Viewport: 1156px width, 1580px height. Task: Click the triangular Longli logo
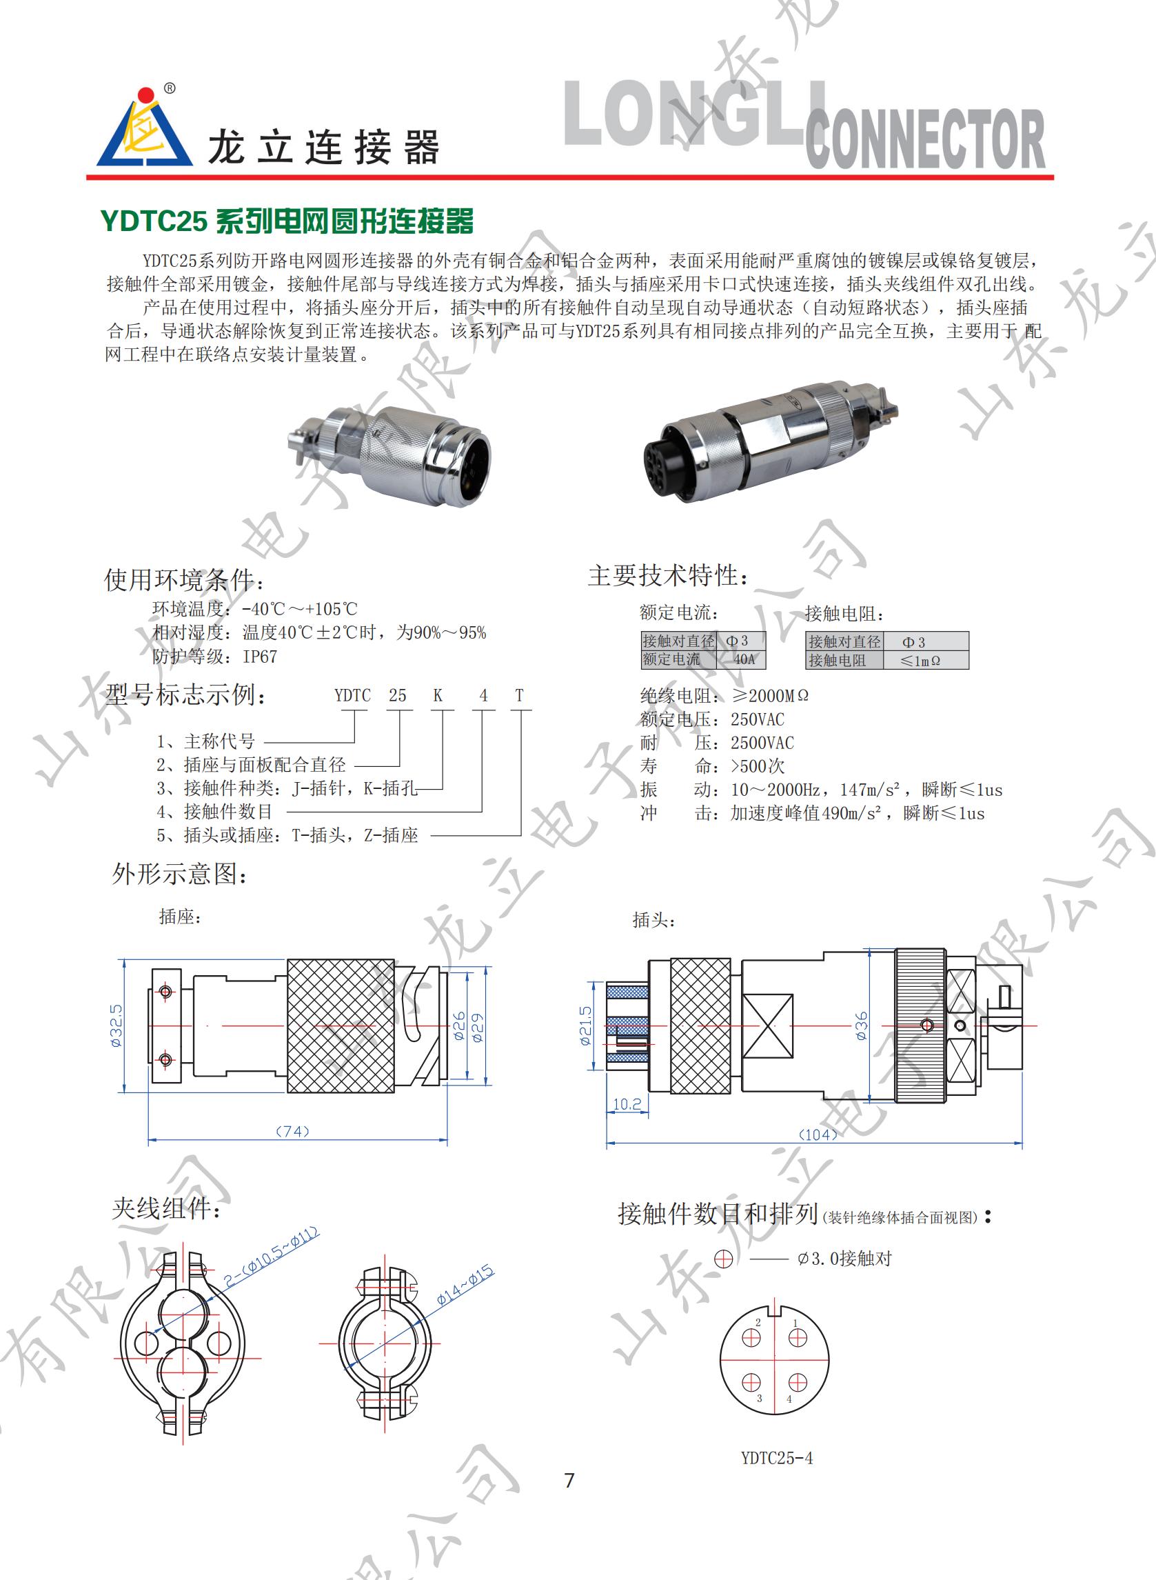pos(145,130)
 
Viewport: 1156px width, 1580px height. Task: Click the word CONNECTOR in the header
pos(925,139)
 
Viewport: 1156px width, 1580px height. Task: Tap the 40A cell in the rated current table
pos(743,659)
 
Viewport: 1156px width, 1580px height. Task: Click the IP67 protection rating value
pos(260,657)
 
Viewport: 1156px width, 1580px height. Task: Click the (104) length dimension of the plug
pos(818,1134)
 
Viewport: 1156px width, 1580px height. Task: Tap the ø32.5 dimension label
pos(116,1025)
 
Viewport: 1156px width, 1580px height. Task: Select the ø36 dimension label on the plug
pos(862,1026)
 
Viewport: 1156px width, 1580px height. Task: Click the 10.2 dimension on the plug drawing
pos(627,1105)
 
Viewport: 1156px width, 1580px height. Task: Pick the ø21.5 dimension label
pos(586,1026)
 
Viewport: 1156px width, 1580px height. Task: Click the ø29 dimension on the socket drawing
pos(478,1027)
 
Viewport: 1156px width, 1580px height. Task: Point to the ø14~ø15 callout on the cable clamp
pos(465,1285)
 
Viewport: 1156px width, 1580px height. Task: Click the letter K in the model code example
pos(437,695)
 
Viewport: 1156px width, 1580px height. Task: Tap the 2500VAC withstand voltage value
pos(762,743)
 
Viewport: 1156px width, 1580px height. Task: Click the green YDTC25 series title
pos(287,221)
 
